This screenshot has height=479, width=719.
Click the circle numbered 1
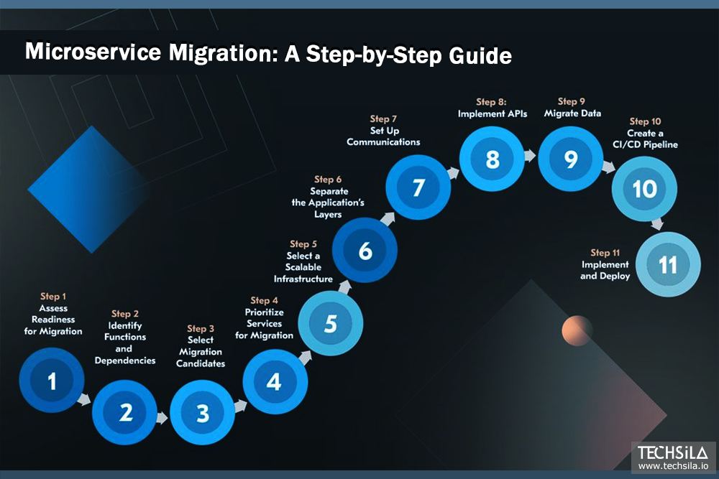click(x=51, y=381)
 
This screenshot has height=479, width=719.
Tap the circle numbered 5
click(x=330, y=324)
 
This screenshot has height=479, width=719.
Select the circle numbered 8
click(x=493, y=159)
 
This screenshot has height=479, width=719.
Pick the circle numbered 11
click(x=668, y=265)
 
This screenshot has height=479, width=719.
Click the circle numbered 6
click(x=365, y=251)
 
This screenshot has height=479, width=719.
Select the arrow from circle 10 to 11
click(x=656, y=224)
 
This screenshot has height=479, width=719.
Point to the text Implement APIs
click(x=493, y=113)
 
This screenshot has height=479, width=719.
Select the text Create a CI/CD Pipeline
click(x=644, y=139)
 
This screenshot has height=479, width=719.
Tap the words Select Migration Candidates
click(x=201, y=352)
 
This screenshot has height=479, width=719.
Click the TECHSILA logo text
click(x=673, y=453)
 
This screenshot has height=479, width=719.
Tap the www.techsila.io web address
click(x=673, y=466)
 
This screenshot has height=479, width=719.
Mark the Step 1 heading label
click(x=53, y=297)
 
